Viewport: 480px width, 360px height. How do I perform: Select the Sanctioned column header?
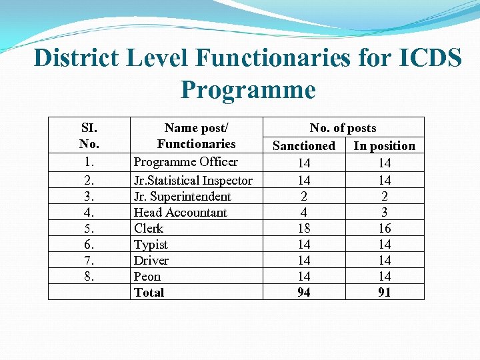coord(304,145)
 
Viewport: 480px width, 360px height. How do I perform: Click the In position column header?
coord(385,145)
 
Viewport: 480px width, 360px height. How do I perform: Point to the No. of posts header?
coord(343,128)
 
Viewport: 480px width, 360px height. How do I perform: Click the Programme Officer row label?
coord(185,162)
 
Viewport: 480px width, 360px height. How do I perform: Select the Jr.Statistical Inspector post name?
coord(193,181)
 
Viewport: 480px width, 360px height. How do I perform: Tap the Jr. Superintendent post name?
coord(182,197)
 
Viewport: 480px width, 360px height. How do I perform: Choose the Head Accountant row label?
coord(180,213)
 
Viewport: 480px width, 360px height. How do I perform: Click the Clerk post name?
coord(149,229)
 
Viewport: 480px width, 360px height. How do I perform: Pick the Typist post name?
coord(151,245)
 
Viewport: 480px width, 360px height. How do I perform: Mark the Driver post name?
coord(151,261)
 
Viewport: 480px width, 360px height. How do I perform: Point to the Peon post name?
coord(147,277)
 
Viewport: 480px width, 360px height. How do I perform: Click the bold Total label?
coord(149,293)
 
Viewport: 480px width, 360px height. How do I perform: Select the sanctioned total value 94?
coord(304,293)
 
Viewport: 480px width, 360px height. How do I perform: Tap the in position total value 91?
coord(385,293)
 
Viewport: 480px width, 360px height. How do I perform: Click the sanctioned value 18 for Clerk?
coord(304,229)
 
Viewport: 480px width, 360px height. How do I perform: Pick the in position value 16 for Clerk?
coord(385,229)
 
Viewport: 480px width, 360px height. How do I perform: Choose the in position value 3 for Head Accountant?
coord(385,213)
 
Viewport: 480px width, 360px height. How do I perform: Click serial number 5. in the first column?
coord(89,229)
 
